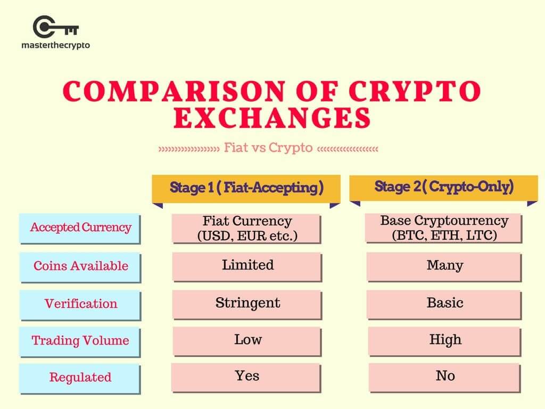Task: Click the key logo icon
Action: [55, 27]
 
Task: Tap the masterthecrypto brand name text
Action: [55, 45]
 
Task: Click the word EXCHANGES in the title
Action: [272, 118]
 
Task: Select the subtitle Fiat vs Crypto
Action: [268, 148]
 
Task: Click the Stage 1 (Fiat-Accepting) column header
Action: [246, 188]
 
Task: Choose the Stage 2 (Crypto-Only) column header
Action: [444, 187]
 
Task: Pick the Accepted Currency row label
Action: [80, 228]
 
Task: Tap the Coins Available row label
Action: [80, 267]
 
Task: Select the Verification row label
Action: [80, 305]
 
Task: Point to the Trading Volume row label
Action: [80, 341]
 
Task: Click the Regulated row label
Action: [80, 379]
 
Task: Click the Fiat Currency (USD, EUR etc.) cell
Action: [247, 228]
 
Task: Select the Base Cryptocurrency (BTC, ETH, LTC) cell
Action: [444, 228]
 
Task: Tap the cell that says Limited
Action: [247, 267]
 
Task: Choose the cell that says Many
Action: [444, 267]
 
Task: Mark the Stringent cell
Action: [247, 305]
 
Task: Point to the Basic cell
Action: [444, 305]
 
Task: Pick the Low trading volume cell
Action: [247, 341]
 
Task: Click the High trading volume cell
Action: [444, 341]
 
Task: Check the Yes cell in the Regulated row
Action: [246, 378]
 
